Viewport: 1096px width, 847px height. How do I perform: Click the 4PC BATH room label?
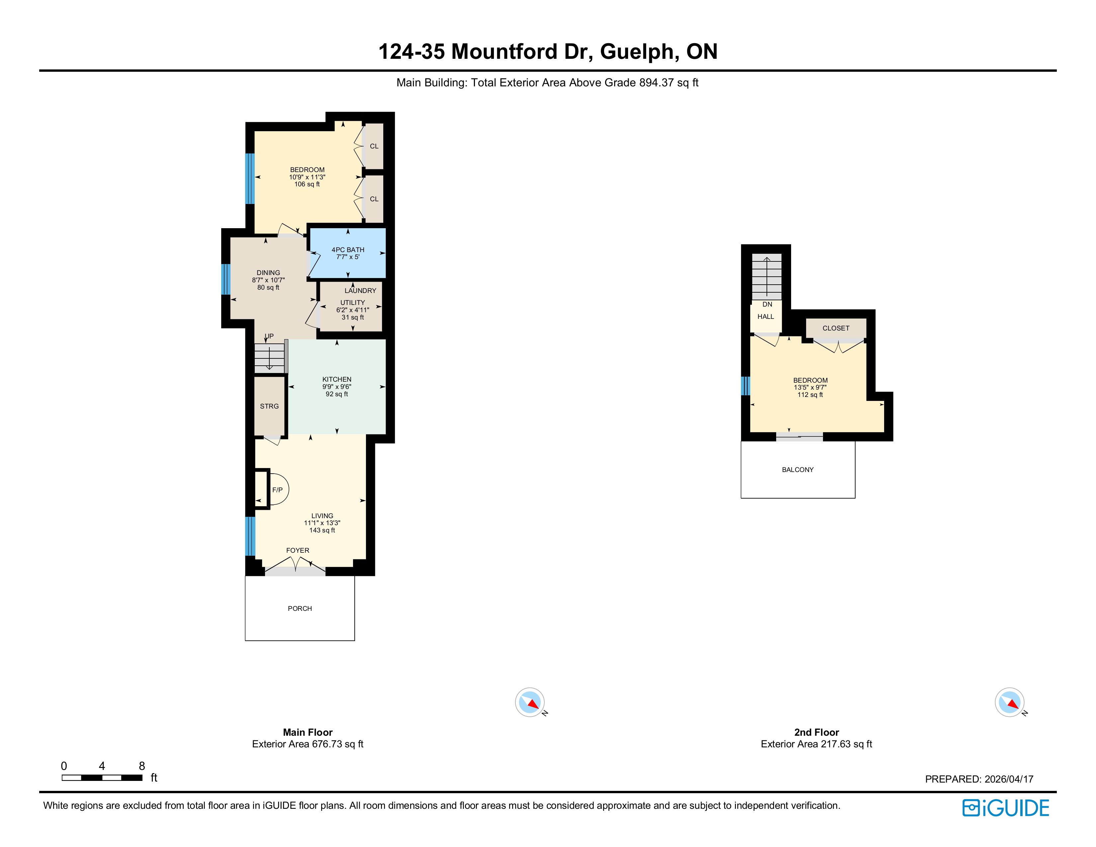pyautogui.click(x=348, y=249)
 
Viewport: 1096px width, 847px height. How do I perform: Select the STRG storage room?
pyautogui.click(x=269, y=406)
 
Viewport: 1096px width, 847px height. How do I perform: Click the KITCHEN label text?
pyautogui.click(x=337, y=379)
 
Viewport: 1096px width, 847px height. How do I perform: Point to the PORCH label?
pyautogui.click(x=300, y=608)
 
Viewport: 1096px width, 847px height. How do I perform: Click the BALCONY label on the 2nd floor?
pyautogui.click(x=797, y=470)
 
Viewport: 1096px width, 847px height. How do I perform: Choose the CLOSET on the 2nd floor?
pyautogui.click(x=836, y=329)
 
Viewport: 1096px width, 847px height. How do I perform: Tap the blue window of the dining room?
pyautogui.click(x=226, y=279)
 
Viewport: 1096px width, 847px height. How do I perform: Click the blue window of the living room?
pyautogui.click(x=250, y=536)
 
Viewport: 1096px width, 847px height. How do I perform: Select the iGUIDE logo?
pyautogui.click(x=1006, y=808)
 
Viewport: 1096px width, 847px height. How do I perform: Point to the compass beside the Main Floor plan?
pyautogui.click(x=530, y=702)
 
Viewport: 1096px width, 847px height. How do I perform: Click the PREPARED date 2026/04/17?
pyautogui.click(x=1009, y=779)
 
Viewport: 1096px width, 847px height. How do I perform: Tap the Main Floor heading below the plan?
pyautogui.click(x=308, y=732)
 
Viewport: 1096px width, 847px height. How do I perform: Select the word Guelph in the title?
pyautogui.click(x=637, y=52)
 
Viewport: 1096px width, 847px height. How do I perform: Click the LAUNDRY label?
pyautogui.click(x=360, y=291)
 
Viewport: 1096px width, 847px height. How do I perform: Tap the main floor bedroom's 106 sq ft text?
pyautogui.click(x=307, y=184)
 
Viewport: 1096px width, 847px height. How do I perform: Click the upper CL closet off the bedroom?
pyautogui.click(x=373, y=146)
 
